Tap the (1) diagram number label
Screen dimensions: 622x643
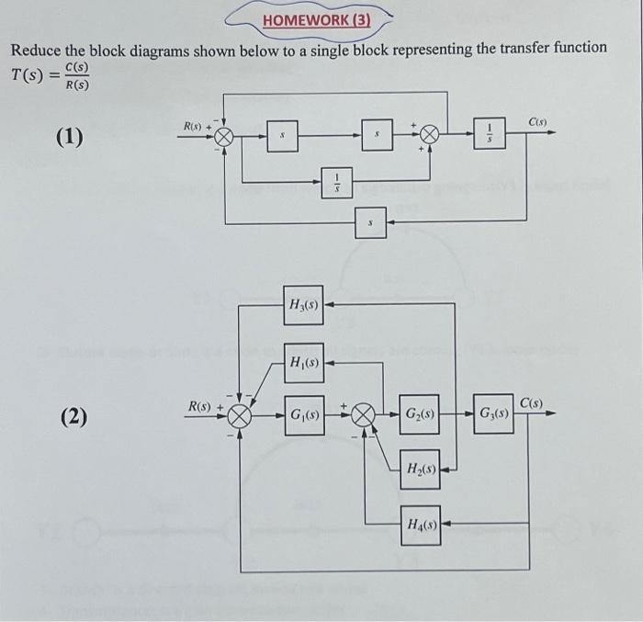tap(69, 139)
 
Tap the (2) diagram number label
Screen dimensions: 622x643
tap(74, 418)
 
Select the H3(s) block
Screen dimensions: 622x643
tap(304, 305)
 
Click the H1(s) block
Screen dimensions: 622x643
tap(304, 362)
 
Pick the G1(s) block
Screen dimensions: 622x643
tap(304, 415)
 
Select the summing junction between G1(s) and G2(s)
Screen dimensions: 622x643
tap(364, 415)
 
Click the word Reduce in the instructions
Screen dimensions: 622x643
tap(36, 48)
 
